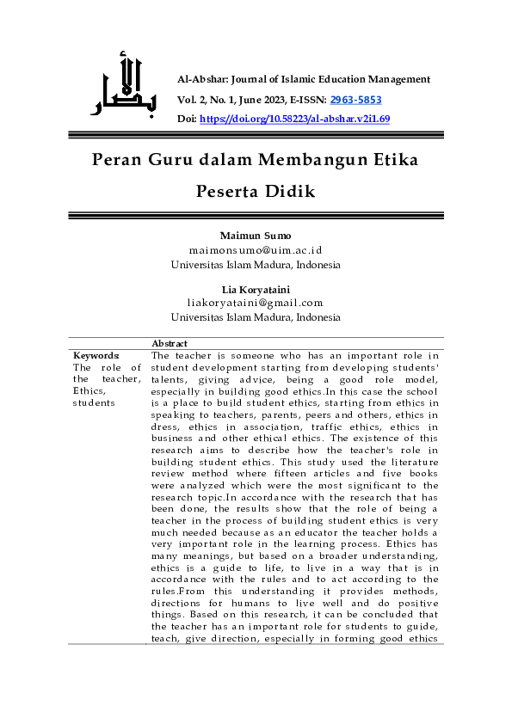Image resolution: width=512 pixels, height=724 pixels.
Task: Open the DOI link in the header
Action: pyautogui.click(x=295, y=120)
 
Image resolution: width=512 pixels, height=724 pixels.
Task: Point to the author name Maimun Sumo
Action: pyautogui.click(x=256, y=236)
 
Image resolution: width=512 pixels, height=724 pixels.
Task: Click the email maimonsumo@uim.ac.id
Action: pyautogui.click(x=256, y=250)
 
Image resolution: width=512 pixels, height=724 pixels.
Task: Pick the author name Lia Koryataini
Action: pyautogui.click(x=256, y=288)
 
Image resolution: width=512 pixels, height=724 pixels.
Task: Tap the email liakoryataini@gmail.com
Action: pyautogui.click(x=256, y=303)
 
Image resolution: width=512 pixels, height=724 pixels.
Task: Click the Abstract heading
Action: pyautogui.click(x=169, y=344)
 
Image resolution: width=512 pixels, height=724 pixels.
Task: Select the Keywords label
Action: pyautogui.click(x=96, y=355)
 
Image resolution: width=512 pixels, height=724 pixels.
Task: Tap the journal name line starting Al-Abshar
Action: pyautogui.click(x=303, y=79)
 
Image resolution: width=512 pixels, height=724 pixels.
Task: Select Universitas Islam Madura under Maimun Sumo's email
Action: pyautogui.click(x=256, y=265)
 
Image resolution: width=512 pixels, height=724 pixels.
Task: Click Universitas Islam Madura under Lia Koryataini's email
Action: pyautogui.click(x=256, y=317)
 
